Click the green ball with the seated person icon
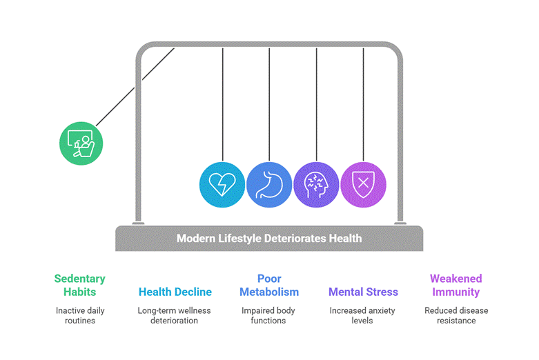coord(81,143)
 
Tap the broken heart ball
coord(222,184)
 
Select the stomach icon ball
coord(269,184)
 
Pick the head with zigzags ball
coord(316,184)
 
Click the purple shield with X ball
coord(363,184)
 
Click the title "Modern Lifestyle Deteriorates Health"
coord(269,238)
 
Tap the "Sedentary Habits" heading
coord(80,285)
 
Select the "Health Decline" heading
coord(175,292)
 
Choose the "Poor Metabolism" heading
coord(269,285)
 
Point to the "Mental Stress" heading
coord(363,292)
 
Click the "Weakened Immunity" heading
coord(455,285)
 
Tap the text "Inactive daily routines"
coord(80,315)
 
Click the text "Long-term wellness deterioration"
coord(175,315)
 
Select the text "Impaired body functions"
coord(268,315)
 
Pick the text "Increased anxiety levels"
coord(362,315)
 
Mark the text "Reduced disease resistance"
coord(456,315)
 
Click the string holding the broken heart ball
coord(223,104)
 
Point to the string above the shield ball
coord(363,104)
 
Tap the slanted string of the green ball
coord(135,87)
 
